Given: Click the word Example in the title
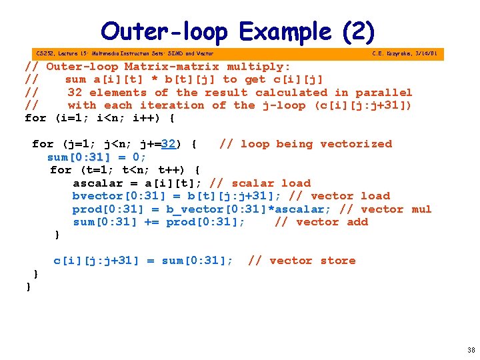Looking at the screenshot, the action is (285, 31).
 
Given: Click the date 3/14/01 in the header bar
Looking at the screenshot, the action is (425, 53).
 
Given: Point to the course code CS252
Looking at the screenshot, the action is (45, 53).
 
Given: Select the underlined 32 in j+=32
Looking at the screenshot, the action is (168, 144).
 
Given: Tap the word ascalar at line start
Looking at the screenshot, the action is (97, 183).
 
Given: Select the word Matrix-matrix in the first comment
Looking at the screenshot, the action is (172, 67).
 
